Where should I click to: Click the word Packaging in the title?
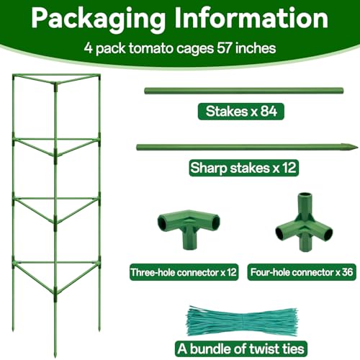99,19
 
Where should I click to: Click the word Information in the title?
251,18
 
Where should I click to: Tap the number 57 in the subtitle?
225,48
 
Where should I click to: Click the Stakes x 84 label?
241,112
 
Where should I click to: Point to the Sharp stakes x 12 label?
243,168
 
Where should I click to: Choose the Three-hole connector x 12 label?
184,272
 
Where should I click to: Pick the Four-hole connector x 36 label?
302,272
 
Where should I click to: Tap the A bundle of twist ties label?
241,348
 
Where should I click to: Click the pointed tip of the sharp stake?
357,147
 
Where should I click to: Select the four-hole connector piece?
305,222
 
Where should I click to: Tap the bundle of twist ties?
243,321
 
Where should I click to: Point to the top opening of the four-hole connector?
305,195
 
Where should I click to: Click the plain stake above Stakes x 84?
243,91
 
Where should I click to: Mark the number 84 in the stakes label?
269,112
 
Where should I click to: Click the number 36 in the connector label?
348,272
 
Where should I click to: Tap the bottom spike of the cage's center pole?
56,353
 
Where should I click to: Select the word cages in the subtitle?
195,49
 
